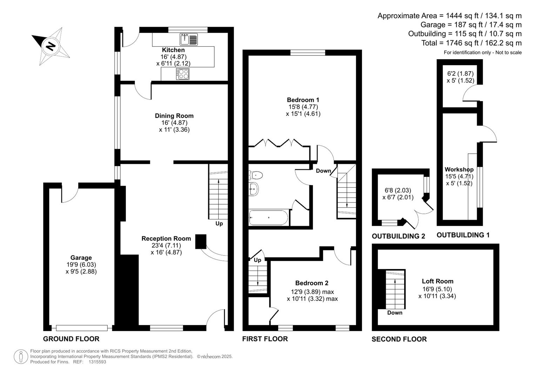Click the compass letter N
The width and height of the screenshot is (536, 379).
click(51, 46)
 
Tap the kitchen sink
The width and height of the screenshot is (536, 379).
click(189, 39)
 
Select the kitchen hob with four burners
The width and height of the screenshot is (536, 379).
click(183, 74)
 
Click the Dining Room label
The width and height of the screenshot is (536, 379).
click(174, 116)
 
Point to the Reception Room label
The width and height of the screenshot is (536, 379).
click(166, 239)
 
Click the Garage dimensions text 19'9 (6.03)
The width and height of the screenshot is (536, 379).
click(81, 265)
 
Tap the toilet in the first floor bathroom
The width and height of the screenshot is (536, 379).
click(255, 174)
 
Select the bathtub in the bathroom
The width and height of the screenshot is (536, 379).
click(268, 218)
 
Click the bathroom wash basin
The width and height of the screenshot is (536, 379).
click(254, 189)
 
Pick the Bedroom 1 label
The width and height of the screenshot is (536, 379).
click(303, 100)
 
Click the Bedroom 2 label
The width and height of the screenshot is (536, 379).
click(311, 283)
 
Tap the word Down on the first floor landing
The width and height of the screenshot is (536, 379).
click(323, 171)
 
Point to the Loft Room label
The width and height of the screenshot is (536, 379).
click(437, 281)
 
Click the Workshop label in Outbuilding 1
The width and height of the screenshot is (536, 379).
click(459, 170)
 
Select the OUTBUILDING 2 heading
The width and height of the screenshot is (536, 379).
click(398, 236)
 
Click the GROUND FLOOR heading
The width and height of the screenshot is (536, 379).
click(71, 339)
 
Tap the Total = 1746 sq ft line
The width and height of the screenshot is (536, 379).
click(471, 43)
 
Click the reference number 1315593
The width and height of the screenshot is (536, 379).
click(97, 362)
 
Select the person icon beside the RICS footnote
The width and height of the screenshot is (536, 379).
click(21, 357)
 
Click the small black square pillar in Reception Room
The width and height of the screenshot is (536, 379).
click(201, 241)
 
